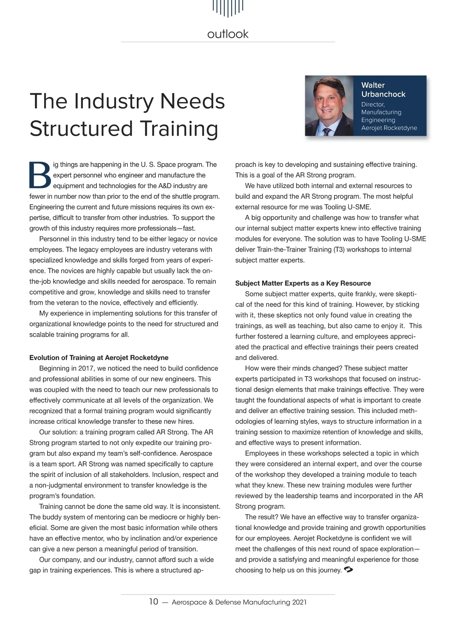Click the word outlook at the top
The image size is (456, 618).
click(228, 34)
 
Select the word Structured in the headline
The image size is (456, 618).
click(82, 128)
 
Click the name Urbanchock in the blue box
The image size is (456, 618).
click(383, 94)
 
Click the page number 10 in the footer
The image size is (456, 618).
click(154, 602)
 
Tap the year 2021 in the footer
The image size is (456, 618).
click(299, 602)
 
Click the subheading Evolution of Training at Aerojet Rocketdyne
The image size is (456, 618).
click(99, 358)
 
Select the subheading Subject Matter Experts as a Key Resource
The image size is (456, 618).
click(303, 283)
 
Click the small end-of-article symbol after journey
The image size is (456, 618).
click(348, 569)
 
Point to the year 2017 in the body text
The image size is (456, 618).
click(87, 368)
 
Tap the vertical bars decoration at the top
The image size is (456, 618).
click(228, 8)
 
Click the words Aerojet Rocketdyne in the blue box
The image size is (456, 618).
click(389, 128)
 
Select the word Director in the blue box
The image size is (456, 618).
click(373, 104)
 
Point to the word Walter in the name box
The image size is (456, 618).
click(373, 85)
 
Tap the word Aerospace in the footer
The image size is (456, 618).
click(189, 602)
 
